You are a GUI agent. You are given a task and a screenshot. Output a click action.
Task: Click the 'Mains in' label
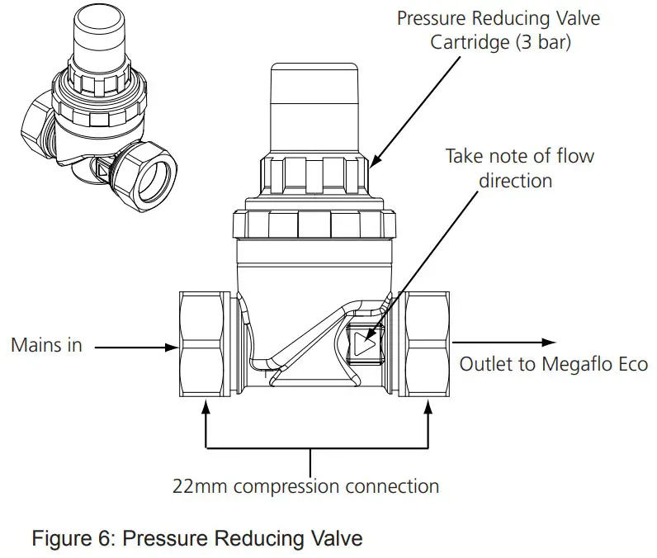[46, 346]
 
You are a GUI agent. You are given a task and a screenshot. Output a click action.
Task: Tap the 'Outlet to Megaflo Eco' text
[553, 364]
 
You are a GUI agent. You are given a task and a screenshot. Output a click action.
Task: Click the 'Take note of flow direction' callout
[519, 167]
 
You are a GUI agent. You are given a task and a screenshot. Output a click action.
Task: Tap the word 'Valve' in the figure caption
[339, 538]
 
